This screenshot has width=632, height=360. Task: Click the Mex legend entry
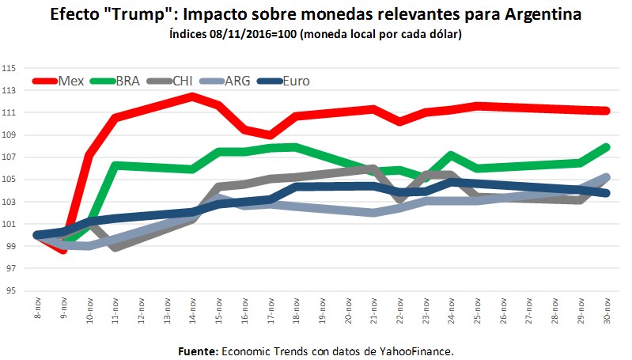click(70, 80)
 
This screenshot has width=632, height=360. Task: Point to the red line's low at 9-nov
click(62, 249)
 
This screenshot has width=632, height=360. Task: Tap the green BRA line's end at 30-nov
click(605, 146)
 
